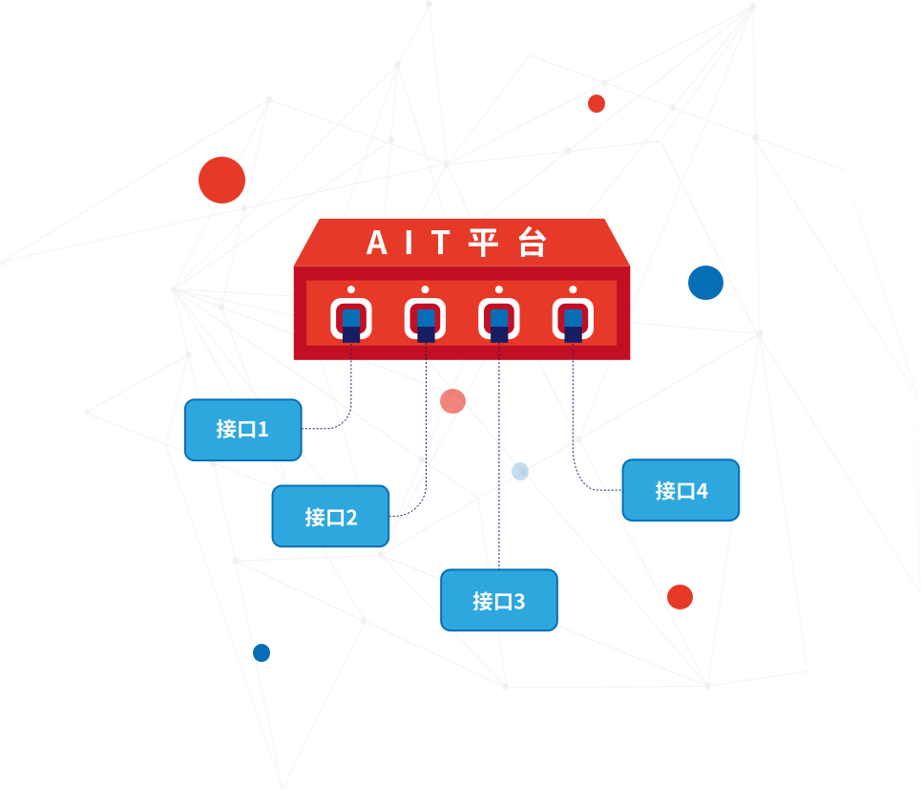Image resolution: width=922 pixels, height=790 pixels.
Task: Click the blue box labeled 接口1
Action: [x=242, y=430]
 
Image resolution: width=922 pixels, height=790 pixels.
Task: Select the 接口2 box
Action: [x=330, y=517]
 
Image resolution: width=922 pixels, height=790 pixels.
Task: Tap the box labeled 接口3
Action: [x=497, y=601]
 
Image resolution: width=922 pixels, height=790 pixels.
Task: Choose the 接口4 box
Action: [x=681, y=490]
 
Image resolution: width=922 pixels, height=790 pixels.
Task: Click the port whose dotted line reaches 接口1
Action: [x=351, y=319]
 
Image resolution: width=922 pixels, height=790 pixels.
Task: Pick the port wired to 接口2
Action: [x=426, y=319]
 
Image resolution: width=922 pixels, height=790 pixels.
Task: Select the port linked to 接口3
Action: [x=499, y=319]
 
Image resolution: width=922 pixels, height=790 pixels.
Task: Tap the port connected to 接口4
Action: [x=573, y=319]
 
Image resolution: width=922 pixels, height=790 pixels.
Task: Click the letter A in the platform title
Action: [x=378, y=244]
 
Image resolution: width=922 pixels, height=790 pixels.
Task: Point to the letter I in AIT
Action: [x=409, y=244]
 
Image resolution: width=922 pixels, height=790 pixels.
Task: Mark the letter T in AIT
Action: [x=438, y=244]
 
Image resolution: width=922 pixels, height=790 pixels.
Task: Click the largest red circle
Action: [x=221, y=180]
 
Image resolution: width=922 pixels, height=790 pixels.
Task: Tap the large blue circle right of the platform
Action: [x=705, y=283]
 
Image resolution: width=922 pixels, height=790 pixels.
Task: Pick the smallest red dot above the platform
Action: [x=597, y=103]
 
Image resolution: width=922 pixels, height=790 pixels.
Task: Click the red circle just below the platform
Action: [x=452, y=401]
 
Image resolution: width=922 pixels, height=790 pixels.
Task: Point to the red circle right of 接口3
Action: [x=680, y=597]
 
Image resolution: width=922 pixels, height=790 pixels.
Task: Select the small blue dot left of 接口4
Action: [x=520, y=471]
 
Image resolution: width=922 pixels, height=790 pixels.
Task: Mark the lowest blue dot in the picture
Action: [x=262, y=652]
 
